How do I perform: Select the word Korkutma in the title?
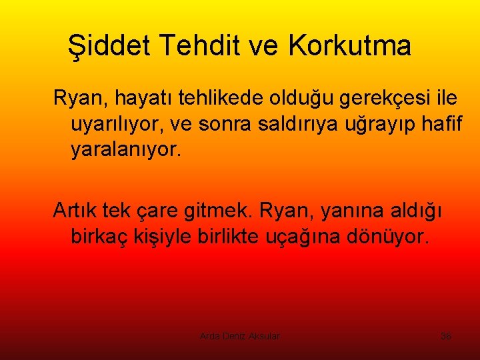pyautogui.click(x=350, y=46)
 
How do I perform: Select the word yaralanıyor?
pyautogui.click(x=125, y=150)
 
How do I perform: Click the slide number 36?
pyautogui.click(x=446, y=336)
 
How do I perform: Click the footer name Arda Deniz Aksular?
pyautogui.click(x=240, y=336)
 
